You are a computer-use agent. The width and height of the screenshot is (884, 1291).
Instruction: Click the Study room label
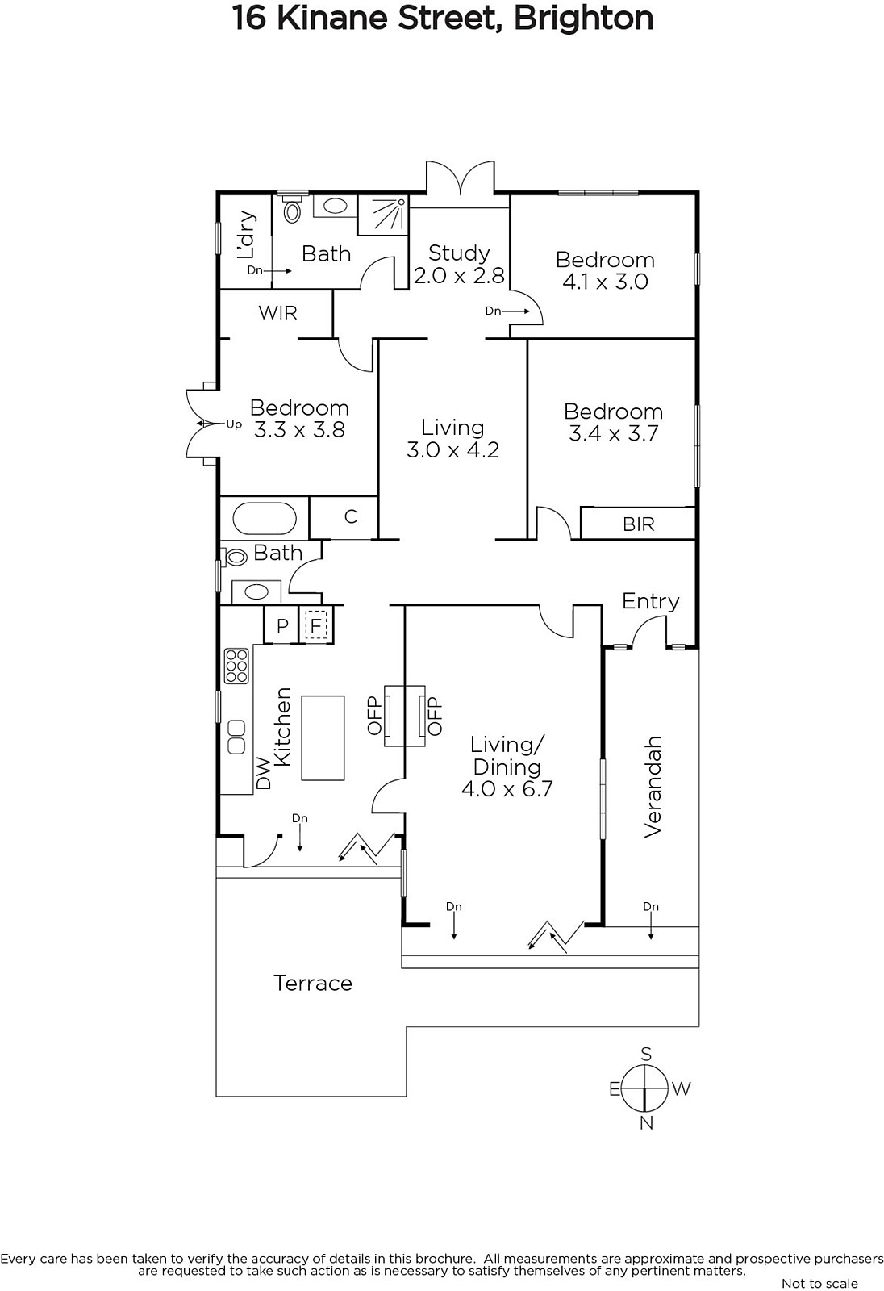459,253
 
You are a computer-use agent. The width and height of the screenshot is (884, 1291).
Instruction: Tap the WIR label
277,313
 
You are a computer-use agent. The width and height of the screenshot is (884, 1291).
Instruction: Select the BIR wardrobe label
639,524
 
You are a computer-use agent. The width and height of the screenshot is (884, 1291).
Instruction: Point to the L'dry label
246,235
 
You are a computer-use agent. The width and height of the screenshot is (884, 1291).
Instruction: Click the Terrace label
312,983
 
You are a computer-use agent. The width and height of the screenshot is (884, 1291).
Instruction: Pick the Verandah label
652,787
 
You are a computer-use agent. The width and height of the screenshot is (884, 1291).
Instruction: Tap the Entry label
650,602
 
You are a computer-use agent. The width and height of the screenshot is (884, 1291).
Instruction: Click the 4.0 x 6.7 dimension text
507,788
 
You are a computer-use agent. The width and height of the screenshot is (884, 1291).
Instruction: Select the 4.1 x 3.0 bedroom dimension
605,282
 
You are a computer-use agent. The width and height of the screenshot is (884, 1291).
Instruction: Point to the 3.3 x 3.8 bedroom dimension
299,430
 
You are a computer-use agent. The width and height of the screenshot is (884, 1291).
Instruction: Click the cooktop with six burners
236,666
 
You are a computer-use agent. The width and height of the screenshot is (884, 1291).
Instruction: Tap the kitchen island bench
323,737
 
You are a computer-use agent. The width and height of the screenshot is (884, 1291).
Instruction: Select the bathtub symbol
265,517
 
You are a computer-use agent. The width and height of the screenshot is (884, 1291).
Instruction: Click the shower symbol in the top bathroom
383,215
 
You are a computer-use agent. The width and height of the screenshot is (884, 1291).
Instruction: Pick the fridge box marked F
315,625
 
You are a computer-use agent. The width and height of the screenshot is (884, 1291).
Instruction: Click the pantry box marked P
281,625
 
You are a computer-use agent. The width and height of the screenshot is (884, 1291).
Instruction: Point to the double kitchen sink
236,737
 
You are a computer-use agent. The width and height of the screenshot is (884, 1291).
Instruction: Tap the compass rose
646,1088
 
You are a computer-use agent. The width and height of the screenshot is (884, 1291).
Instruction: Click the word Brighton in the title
583,19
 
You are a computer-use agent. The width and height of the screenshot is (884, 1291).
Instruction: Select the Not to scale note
819,1283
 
